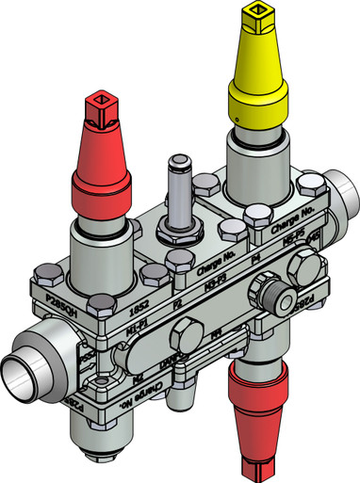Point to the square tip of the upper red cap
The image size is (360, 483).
[x=102, y=100]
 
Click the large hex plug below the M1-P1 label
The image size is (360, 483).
[x=185, y=330]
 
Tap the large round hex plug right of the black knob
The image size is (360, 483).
[x=306, y=267]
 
